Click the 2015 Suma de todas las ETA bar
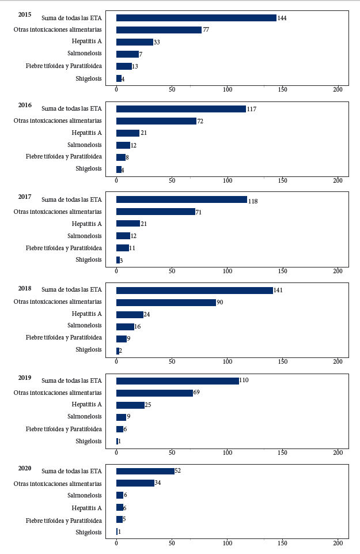[x=196, y=18]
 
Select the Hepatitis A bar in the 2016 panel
[x=128, y=133]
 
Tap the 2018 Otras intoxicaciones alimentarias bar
[x=166, y=303]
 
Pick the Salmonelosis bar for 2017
[x=123, y=236]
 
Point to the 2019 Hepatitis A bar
[x=130, y=405]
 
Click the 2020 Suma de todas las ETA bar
[x=145, y=472]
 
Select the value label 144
[x=282, y=18]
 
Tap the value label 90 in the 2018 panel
[x=220, y=303]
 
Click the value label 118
[x=253, y=201]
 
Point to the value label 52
[x=178, y=470]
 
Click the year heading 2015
[x=25, y=14]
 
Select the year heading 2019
[x=25, y=378]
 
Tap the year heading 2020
[x=25, y=468]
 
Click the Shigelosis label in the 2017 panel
[x=89, y=259]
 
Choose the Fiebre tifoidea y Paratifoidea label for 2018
[x=64, y=338]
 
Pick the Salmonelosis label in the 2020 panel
[x=85, y=495]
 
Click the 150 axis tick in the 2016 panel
[x=283, y=180]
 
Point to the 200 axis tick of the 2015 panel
[x=338, y=89]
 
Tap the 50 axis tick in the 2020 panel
[x=172, y=543]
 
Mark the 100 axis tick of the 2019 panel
[x=228, y=453]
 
